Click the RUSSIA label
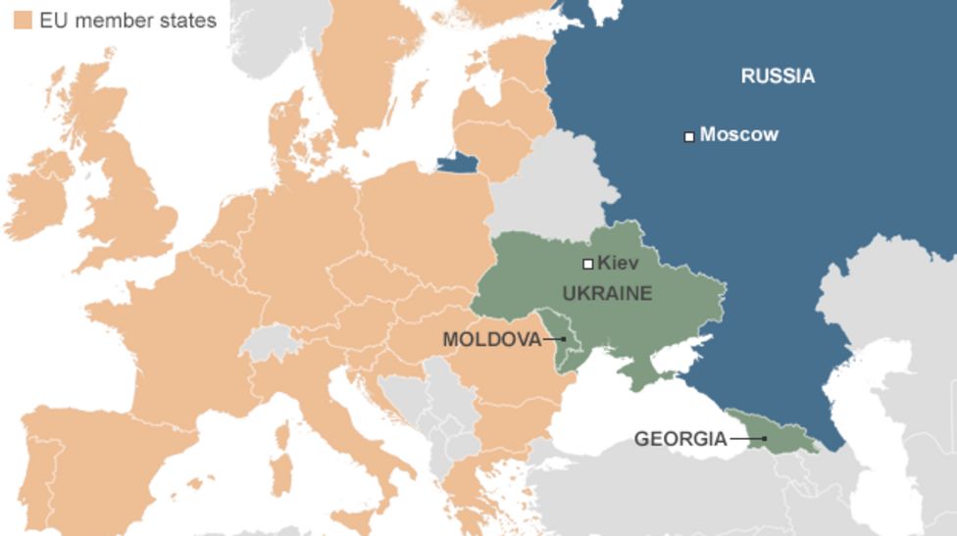[777, 76]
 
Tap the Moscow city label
[738, 135]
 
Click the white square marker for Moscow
[689, 136]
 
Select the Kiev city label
[618, 263]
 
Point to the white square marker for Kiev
[588, 263]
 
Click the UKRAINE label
[607, 293]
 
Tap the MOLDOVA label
[491, 339]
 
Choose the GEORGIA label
[680, 439]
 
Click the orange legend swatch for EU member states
[23, 20]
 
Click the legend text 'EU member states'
[122, 20]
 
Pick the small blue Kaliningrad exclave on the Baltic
[457, 163]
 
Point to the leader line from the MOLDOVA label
[555, 339]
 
